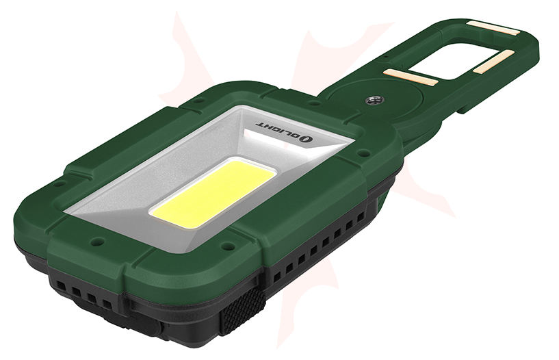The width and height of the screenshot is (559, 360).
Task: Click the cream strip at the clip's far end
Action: pyautogui.click(x=493, y=28)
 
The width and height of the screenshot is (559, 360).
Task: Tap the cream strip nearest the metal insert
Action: pyautogui.click(x=409, y=76)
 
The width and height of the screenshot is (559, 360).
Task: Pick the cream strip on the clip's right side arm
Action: pyautogui.click(x=494, y=62)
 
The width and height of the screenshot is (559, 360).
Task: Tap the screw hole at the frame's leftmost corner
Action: pyautogui.click(x=60, y=183)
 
